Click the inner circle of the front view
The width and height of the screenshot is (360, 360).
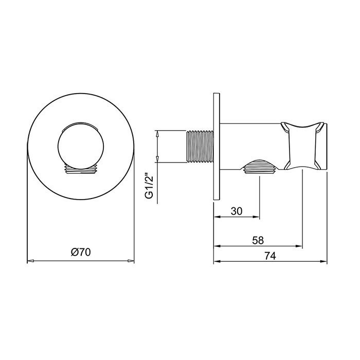click(80, 146)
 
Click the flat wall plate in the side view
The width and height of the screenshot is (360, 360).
click(217, 147)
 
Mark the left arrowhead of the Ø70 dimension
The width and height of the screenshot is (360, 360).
click(30, 261)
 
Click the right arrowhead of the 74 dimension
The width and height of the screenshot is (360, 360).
click(323, 261)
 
